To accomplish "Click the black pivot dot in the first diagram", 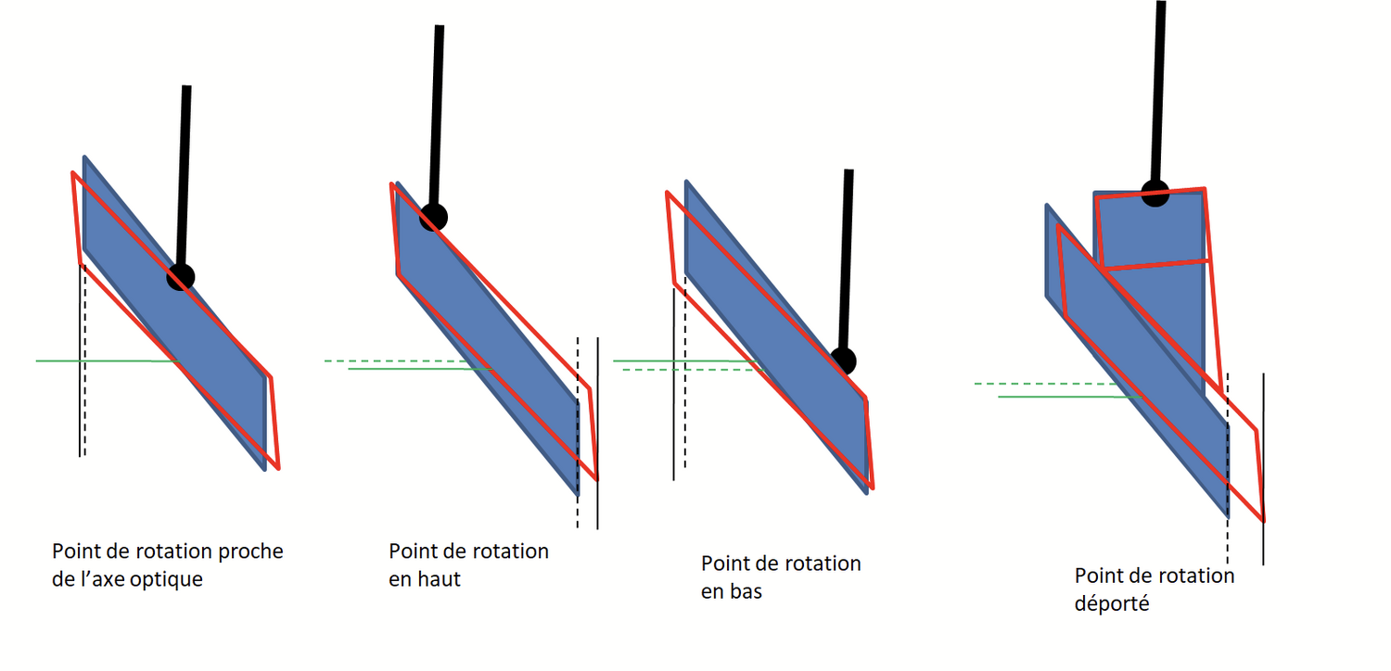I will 182,276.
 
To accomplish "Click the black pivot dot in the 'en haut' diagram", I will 433,217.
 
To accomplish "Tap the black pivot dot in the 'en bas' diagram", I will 843,361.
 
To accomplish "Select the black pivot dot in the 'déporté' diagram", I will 1155,193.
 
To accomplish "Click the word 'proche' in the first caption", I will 249,551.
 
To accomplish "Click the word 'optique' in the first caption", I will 169,581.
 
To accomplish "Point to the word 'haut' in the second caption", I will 438,579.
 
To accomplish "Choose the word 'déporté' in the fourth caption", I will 1112,603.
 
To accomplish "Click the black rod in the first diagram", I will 185,176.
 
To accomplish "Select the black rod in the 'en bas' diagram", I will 846,260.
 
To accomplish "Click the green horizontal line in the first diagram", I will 102,361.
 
